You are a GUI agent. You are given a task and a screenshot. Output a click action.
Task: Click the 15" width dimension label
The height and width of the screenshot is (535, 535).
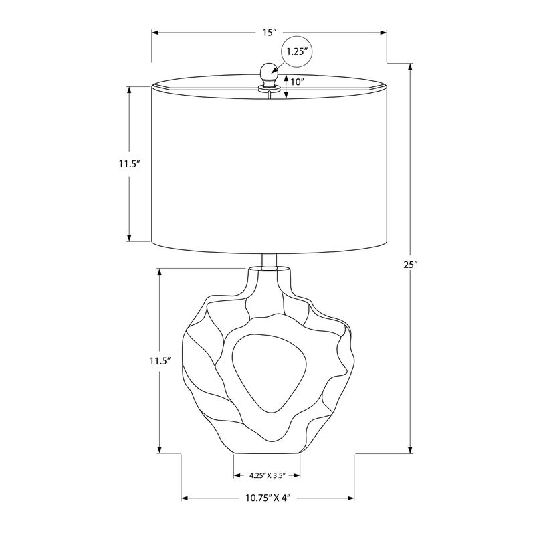click(270, 32)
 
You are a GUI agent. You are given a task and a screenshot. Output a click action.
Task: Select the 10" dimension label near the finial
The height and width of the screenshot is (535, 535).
click(299, 82)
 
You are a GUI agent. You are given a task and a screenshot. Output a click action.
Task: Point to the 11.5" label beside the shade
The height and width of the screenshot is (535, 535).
click(128, 163)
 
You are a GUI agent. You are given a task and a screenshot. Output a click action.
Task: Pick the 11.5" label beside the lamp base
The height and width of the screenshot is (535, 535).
click(160, 360)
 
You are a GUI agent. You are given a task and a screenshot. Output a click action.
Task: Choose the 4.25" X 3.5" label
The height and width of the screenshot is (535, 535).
click(267, 476)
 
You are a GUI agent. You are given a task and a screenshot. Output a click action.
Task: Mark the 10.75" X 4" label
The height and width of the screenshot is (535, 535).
click(268, 498)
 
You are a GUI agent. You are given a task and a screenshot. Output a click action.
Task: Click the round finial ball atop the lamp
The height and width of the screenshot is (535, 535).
click(268, 70)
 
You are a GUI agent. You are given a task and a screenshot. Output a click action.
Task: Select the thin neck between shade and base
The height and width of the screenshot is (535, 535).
click(268, 260)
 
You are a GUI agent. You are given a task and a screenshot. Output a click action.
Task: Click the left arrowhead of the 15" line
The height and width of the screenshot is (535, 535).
click(154, 32)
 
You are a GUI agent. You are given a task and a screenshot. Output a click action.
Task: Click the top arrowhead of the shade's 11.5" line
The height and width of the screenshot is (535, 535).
click(129, 89)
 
